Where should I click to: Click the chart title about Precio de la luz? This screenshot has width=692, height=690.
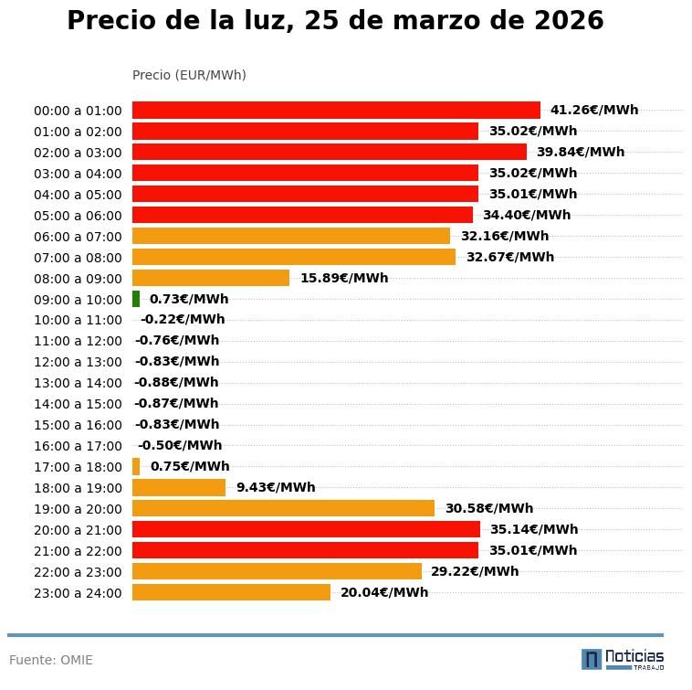[335, 22]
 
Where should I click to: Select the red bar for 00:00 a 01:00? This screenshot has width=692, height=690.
[336, 110]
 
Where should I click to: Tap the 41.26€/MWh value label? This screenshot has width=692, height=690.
[593, 110]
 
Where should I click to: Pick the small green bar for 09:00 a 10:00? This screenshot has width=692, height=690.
[136, 299]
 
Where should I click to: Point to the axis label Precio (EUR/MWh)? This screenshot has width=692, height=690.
[189, 75]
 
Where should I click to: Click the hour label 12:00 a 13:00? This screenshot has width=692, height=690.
[78, 362]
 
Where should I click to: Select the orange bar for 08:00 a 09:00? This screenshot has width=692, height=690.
[211, 278]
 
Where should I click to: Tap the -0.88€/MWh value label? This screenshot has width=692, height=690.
[176, 383]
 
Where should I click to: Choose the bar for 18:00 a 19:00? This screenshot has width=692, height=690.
[179, 487]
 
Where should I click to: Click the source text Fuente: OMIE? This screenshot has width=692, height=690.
[51, 660]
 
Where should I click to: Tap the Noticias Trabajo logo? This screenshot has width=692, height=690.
[623, 659]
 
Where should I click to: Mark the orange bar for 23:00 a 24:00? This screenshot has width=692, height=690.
[231, 592]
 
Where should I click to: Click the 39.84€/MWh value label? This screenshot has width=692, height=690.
[580, 152]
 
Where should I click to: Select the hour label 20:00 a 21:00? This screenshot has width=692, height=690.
[78, 530]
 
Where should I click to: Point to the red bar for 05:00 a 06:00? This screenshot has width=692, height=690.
[302, 215]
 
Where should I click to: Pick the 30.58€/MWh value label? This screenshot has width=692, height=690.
[488, 508]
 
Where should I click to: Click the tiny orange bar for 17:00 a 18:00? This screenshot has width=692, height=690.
[136, 466]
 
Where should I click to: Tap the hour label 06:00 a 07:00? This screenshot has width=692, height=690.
[78, 237]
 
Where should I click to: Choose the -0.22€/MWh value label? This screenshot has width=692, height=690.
[183, 320]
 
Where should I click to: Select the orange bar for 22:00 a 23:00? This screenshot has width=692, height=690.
[277, 571]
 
